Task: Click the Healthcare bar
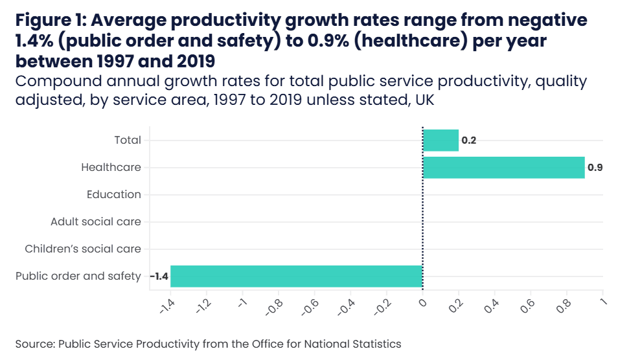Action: (x=503, y=167)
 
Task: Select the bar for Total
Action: (x=441, y=140)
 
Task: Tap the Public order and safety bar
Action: (x=296, y=276)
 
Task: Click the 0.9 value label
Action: (x=595, y=168)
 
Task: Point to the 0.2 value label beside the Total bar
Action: (x=468, y=141)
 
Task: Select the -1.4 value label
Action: (x=159, y=276)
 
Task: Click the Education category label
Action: (x=113, y=194)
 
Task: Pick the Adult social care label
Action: (x=95, y=221)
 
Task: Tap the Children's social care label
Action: (x=82, y=249)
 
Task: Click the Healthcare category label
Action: (x=111, y=167)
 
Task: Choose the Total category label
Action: (x=127, y=140)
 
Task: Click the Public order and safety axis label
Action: (x=78, y=276)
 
